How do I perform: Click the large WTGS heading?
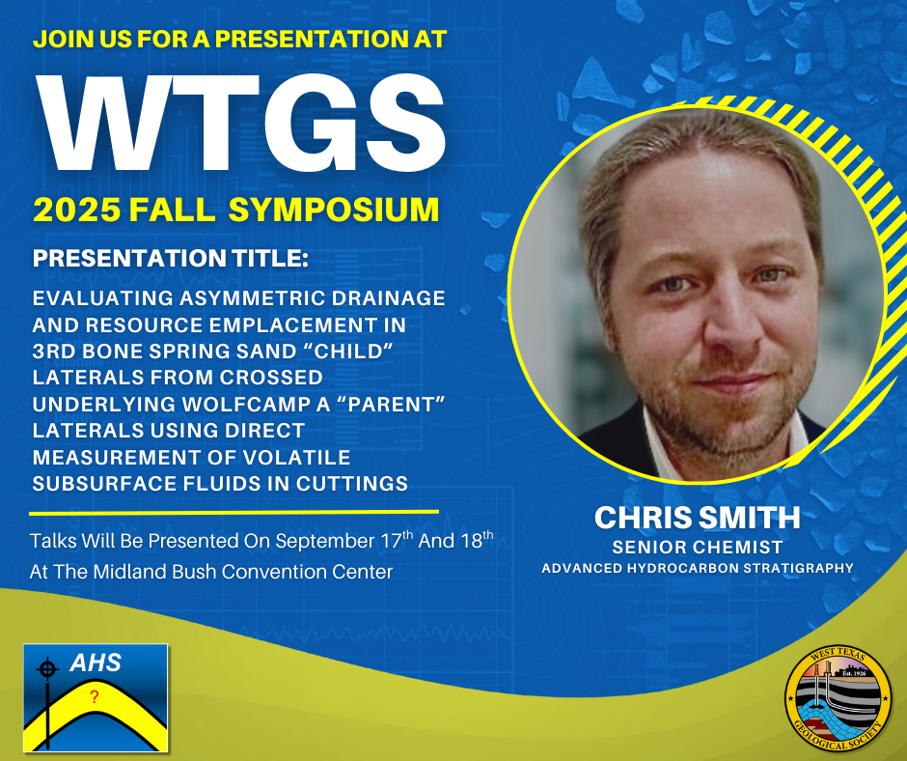click(x=240, y=123)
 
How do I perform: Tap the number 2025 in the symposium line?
click(x=77, y=209)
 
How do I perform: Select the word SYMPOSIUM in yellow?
click(x=334, y=209)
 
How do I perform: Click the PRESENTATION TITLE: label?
click(x=171, y=258)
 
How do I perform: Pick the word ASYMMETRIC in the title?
click(x=252, y=298)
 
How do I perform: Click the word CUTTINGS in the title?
click(x=352, y=484)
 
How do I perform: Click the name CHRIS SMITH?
click(x=698, y=518)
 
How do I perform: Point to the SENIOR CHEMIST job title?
click(x=698, y=548)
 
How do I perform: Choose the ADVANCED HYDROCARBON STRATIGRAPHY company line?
click(x=698, y=568)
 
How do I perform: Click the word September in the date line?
click(x=325, y=541)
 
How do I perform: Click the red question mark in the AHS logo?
click(x=95, y=696)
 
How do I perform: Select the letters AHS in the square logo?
click(x=96, y=662)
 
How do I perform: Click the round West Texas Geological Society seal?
click(x=838, y=699)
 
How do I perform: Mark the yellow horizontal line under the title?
click(x=234, y=513)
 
